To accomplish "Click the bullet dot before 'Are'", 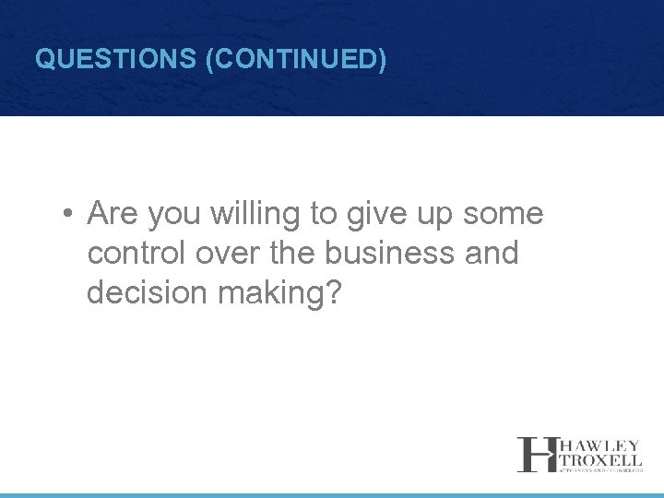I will (x=68, y=215).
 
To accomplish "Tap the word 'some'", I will (x=504, y=214).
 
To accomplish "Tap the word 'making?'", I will (x=279, y=292).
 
